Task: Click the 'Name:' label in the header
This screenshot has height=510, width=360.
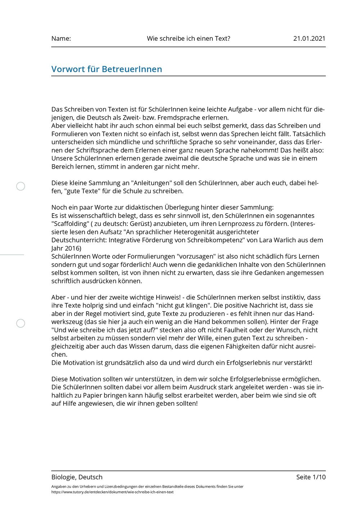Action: pyautogui.click(x=61, y=39)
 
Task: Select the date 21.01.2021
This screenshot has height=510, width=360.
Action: pyautogui.click(x=309, y=39)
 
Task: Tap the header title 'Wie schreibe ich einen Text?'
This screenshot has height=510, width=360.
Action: pyautogui.click(x=188, y=39)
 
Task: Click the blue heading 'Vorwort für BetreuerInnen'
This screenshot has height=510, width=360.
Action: pyautogui.click(x=107, y=69)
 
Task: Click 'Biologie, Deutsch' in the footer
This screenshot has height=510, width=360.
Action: pyautogui.click(x=77, y=477)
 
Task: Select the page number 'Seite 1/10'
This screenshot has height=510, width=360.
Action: pyautogui.click(x=311, y=477)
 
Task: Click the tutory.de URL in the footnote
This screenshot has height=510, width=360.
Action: pyautogui.click(x=112, y=492)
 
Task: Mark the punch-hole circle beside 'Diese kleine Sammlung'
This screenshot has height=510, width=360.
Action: pyautogui.click(x=21, y=186)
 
